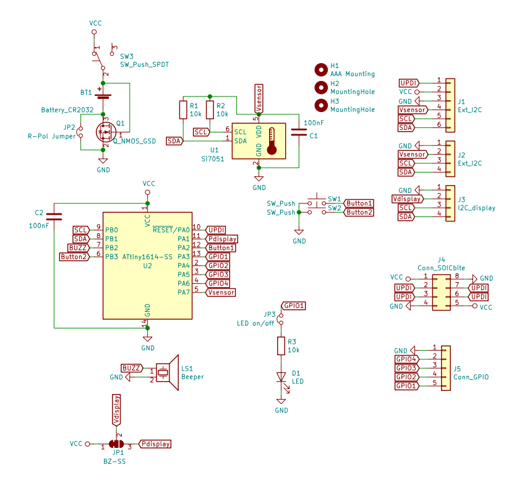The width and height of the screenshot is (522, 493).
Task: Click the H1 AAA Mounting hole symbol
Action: click(321, 69)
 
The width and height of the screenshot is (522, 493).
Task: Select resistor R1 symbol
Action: click(182, 110)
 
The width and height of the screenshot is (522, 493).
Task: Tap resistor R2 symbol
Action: click(210, 110)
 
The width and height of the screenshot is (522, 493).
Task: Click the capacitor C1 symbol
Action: click(299, 132)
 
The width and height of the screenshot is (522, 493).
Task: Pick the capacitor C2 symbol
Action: click(54, 216)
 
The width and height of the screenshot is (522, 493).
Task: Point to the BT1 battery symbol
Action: click(103, 95)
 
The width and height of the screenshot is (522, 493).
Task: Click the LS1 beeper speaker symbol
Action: click(166, 372)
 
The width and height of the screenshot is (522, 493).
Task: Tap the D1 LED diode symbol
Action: click(281, 378)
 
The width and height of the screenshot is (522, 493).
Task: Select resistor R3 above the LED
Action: click(281, 346)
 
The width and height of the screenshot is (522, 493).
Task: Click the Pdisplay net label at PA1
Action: click(221, 239)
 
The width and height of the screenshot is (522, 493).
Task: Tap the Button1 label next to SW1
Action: click(359, 203)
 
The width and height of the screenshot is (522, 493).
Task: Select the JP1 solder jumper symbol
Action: click(116, 444)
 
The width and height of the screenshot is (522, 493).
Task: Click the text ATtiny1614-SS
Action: click(147, 257)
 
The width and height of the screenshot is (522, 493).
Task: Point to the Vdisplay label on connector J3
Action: click(407, 199)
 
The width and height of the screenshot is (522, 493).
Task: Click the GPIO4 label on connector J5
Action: click(406, 359)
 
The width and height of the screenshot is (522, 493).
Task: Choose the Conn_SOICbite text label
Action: click(441, 268)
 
